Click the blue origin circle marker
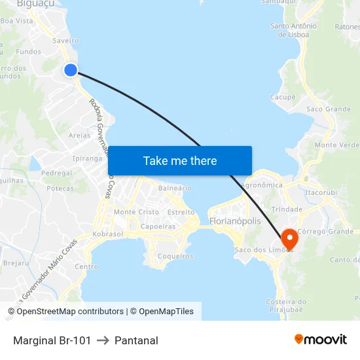point(70,70)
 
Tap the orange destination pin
point(288,239)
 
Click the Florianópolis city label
point(235,221)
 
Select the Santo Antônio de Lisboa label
point(293,30)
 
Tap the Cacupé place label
point(283,97)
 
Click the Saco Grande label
point(328,109)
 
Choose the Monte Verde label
point(336,145)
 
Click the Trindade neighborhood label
point(287,209)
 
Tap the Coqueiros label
point(175,257)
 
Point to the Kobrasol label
point(108,234)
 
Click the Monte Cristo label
point(136,212)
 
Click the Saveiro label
point(65,41)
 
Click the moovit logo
point(320,340)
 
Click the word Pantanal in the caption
point(136,340)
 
